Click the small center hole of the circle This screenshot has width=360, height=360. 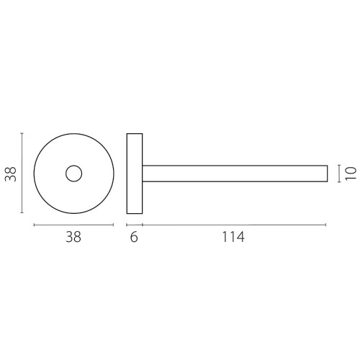tap(73, 173)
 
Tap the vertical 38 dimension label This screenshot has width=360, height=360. tap(11, 174)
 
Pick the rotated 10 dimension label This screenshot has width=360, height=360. tap(350, 173)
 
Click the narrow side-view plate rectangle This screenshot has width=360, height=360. tap(134, 173)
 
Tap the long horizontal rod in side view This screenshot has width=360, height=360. tap(234, 174)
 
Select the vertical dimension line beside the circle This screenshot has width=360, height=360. tap(23, 173)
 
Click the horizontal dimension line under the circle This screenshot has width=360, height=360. tap(73, 225)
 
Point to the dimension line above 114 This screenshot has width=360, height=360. tap(233, 225)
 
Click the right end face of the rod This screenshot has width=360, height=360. tap(327, 174)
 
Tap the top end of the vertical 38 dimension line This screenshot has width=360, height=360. tap(23, 133)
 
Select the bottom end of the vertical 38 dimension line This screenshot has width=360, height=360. tap(23, 213)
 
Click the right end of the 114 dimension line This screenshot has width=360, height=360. tap(326, 225)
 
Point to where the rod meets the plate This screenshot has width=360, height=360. tap(142, 174)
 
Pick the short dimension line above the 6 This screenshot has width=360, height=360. tap(134, 225)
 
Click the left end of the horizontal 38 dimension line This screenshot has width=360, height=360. tap(35, 225)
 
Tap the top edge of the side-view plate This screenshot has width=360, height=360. tap(134, 133)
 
